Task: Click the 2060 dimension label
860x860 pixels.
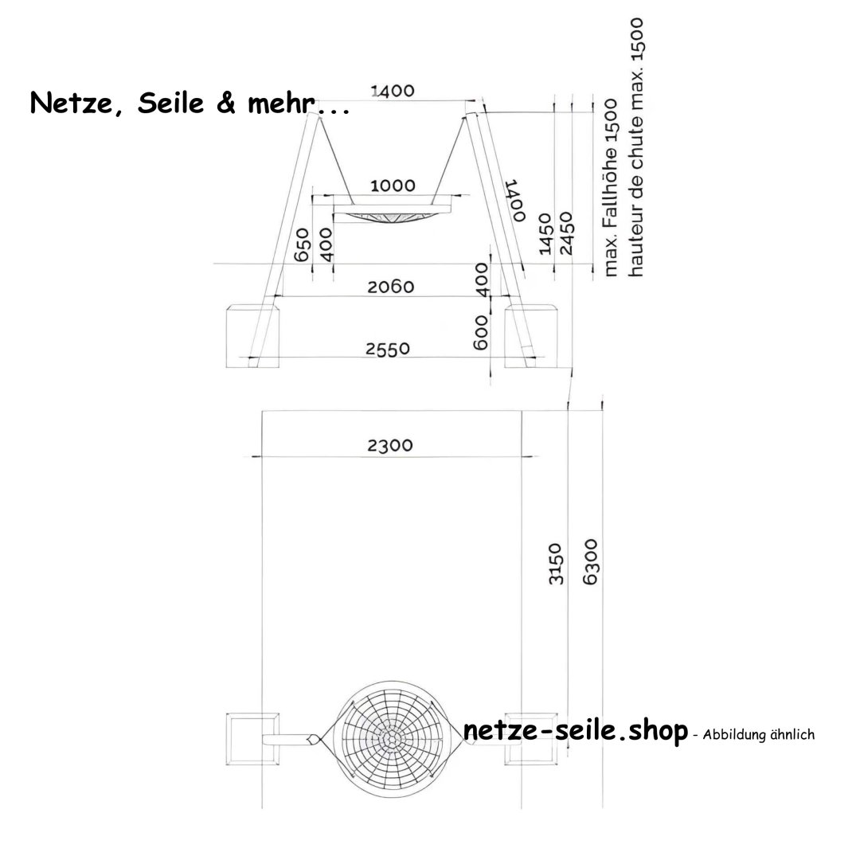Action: [390, 287]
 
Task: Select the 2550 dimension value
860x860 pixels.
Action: [387, 349]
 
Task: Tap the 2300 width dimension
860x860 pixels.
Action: [390, 445]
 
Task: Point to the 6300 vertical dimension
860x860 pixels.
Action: [590, 562]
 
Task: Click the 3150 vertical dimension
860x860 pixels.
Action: [557, 564]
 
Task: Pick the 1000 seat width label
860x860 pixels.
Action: [393, 186]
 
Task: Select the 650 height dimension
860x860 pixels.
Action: [302, 246]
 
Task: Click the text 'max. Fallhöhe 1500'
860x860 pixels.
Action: [612, 189]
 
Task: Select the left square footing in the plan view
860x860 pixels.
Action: [252, 737]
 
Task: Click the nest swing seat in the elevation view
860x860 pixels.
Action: [392, 214]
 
